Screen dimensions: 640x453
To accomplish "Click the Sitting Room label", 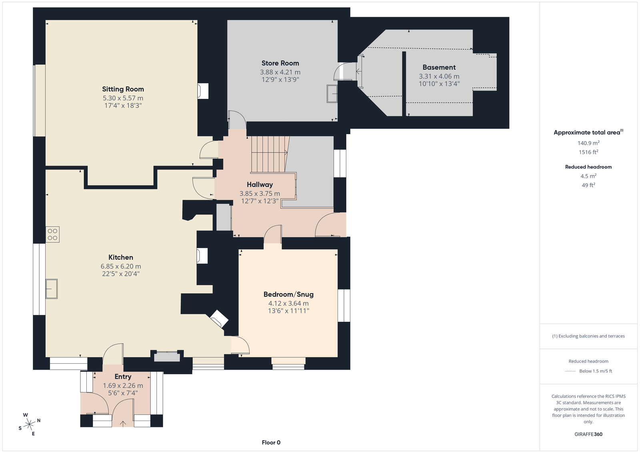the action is (x=123, y=89).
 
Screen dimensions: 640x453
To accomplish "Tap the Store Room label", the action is (x=280, y=63).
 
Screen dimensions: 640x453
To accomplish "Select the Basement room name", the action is (x=439, y=68).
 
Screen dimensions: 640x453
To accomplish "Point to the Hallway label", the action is (x=260, y=184).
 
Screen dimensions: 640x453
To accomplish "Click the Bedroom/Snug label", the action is (x=288, y=295).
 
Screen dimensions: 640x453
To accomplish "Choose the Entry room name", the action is (x=123, y=377).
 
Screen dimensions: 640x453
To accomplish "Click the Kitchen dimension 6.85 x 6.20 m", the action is (x=120, y=267).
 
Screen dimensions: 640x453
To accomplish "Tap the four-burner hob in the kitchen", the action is (x=52, y=235).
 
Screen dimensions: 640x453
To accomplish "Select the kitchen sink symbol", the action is (x=52, y=289).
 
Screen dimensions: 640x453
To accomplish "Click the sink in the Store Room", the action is (x=332, y=94).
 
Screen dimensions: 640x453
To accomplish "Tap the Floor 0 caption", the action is (x=271, y=443).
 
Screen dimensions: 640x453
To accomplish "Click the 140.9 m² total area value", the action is (x=588, y=143).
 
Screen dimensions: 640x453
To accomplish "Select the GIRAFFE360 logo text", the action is (x=588, y=434).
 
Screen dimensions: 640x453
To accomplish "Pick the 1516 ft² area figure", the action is (x=588, y=152).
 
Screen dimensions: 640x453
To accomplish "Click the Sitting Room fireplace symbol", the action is (x=203, y=91).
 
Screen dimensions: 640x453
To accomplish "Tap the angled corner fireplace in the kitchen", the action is (x=219, y=319).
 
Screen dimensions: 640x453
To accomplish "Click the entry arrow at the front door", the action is (x=123, y=423).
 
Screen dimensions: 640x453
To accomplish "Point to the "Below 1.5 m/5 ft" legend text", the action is (x=596, y=371).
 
